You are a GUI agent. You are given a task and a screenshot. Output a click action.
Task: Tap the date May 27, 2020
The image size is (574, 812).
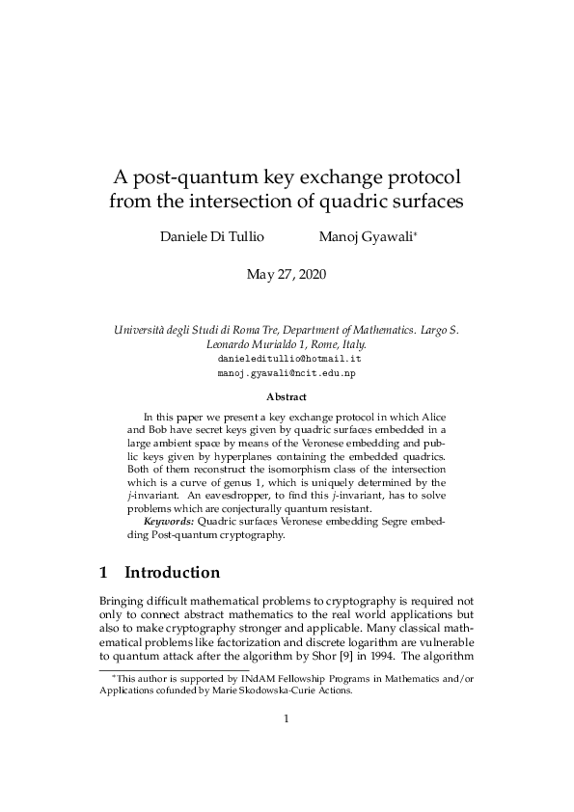coord(287,275)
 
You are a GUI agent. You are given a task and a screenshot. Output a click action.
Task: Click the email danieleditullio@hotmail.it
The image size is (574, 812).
coord(287,357)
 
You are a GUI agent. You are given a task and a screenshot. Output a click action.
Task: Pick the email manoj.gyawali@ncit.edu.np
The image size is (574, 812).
coord(287,371)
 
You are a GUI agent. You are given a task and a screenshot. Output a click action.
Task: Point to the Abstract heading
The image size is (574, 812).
coord(287,396)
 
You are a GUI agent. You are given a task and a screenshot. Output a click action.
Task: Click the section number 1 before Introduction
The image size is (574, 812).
coord(104,572)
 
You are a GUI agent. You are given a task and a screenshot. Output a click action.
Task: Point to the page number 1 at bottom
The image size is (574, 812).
coord(287,717)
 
